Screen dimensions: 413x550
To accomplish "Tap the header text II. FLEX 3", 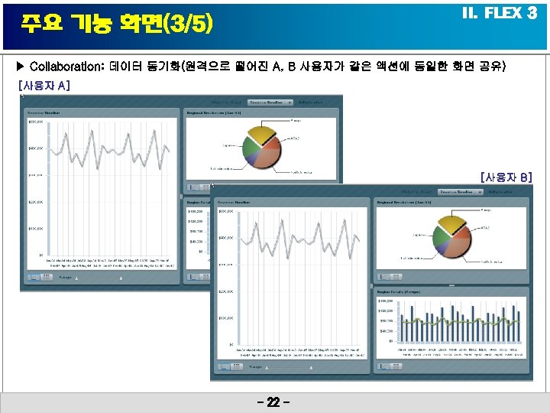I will [500, 14].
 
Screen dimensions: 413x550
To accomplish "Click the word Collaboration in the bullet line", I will [65, 67].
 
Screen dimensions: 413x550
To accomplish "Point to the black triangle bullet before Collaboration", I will [21, 67].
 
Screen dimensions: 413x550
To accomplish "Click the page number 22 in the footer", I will [275, 402].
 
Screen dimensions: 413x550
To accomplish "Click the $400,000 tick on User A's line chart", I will [34, 148].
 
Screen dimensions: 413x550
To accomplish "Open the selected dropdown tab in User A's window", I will [273, 102].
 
